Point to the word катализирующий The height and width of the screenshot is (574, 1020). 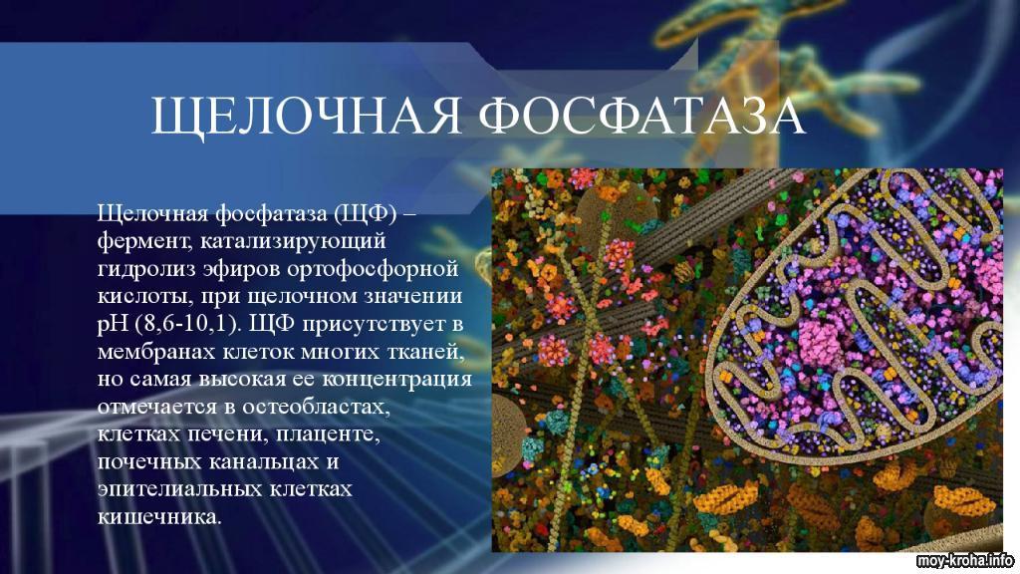point(294,241)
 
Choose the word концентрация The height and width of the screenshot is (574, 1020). point(397,380)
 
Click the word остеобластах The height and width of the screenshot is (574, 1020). point(316,407)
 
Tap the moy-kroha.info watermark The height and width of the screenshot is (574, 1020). point(965,561)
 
